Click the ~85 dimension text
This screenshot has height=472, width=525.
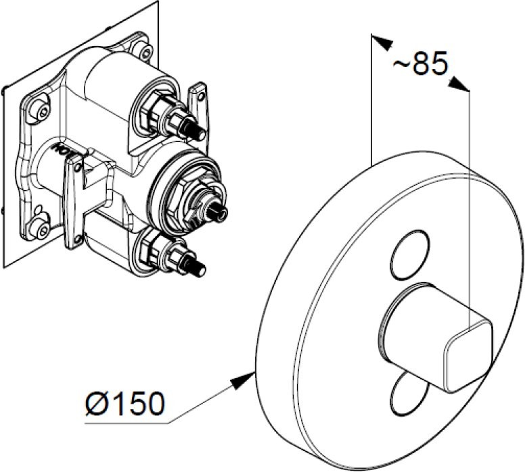click(420, 65)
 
